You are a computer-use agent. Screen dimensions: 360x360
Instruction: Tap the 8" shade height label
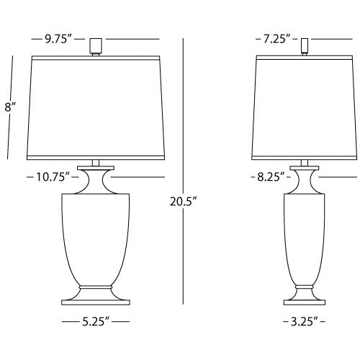pos(9,107)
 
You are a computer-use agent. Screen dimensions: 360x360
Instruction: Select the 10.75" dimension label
pos(50,176)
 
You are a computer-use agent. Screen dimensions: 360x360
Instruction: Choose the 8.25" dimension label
pos(269,176)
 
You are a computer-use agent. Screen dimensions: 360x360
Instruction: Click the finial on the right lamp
pos(306,45)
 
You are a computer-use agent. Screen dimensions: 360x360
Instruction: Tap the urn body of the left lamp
pos(93,238)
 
